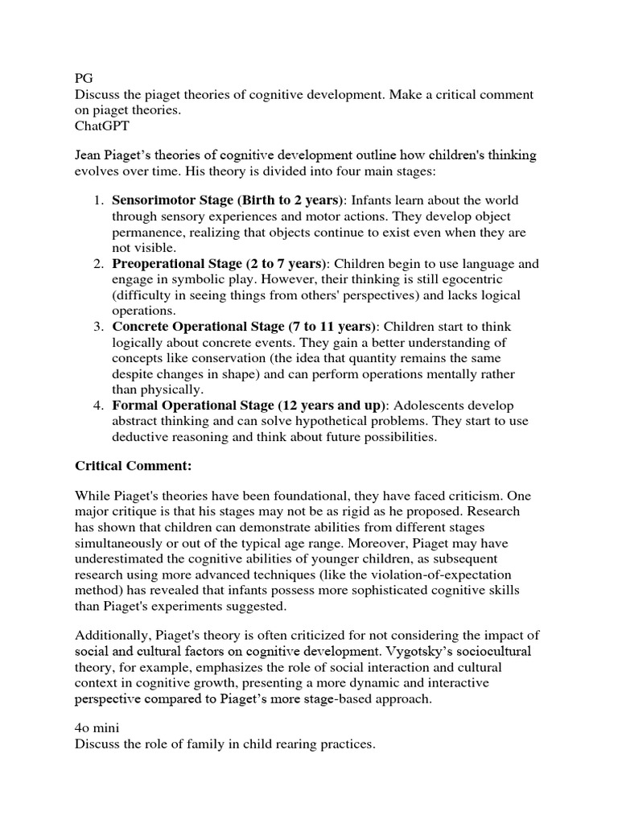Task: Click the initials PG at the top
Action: (x=84, y=78)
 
